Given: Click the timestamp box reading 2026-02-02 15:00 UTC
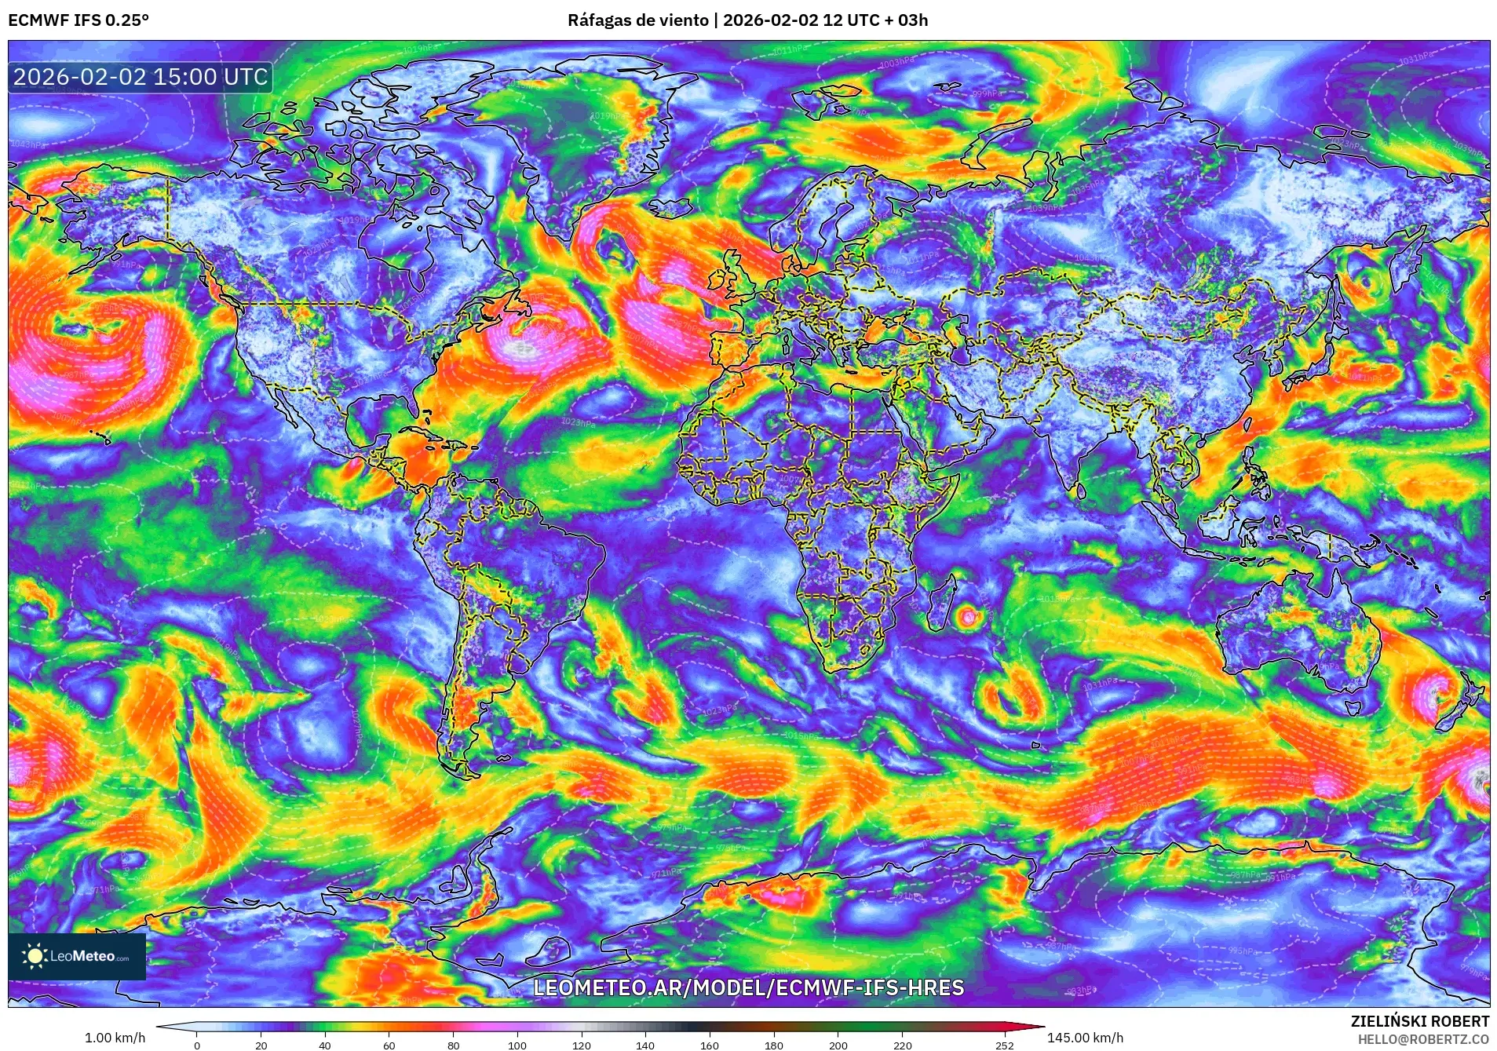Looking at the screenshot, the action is [141, 77].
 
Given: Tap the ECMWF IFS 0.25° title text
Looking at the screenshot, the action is [78, 20].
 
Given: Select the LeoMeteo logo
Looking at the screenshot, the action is [77, 956].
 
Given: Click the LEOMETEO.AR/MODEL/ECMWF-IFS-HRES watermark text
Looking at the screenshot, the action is [748, 987].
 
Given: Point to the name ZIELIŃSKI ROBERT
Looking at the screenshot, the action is [1419, 1021].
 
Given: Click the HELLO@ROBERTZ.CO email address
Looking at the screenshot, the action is [1422, 1039].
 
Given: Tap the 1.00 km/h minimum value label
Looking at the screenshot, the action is [115, 1038].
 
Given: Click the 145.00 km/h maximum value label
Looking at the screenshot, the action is [1085, 1038].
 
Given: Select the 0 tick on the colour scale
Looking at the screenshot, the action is [197, 1045].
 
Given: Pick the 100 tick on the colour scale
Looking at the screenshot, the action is [517, 1045].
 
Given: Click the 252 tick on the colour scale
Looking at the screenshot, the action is [1005, 1045].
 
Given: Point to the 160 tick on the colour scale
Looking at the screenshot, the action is [709, 1045].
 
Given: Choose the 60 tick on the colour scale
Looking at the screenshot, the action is [389, 1045].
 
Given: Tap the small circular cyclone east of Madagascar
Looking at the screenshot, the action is [968, 616].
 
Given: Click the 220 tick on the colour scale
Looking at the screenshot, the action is [902, 1045].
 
